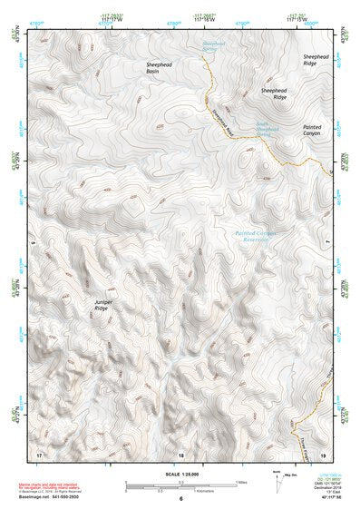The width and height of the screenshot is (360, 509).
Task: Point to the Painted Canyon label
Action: click(x=312, y=130)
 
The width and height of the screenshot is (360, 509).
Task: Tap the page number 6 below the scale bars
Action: click(x=180, y=498)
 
